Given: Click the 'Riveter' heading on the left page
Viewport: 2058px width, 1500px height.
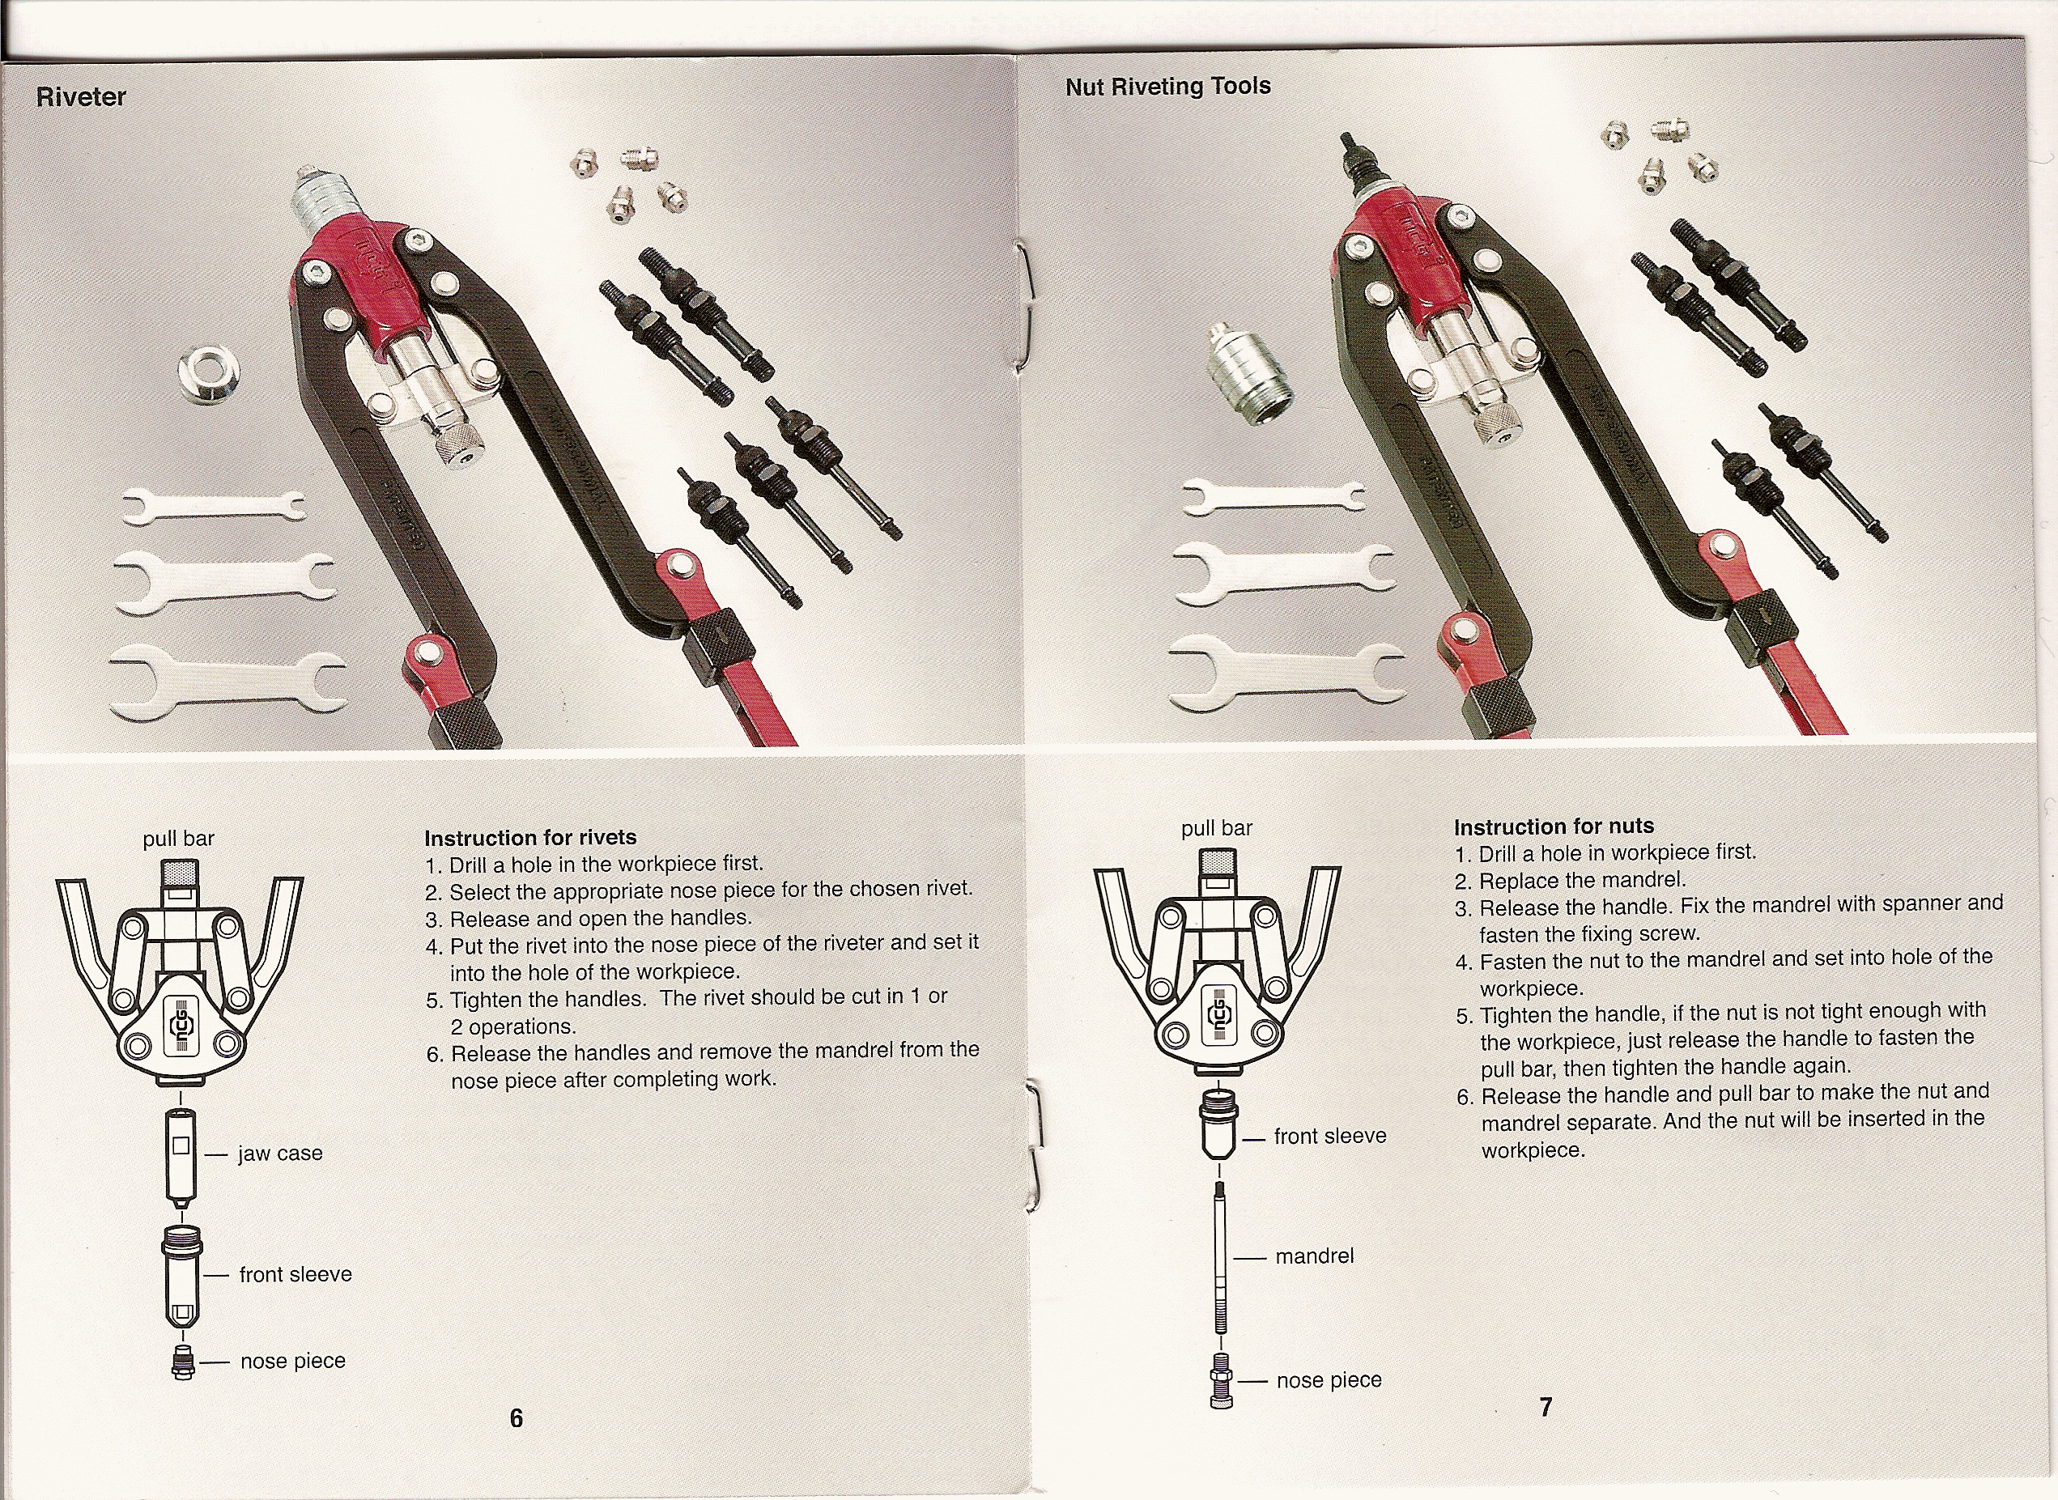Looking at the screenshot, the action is (x=81, y=97).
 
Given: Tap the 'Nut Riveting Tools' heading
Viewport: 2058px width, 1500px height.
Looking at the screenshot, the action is (x=1168, y=87).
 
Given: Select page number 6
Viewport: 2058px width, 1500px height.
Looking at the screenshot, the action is (x=516, y=1418).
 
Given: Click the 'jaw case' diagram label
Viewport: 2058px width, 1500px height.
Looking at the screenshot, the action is (x=280, y=1154).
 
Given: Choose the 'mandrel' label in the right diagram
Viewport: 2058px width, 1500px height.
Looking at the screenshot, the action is (x=1314, y=1256).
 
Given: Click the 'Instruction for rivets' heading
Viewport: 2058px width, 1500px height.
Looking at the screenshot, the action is (x=530, y=837).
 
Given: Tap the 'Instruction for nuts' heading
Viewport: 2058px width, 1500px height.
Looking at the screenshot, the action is (x=1554, y=826).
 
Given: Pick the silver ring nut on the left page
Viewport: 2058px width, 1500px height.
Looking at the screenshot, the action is (x=210, y=373).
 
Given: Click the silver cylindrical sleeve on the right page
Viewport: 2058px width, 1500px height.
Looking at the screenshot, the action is (x=1251, y=375).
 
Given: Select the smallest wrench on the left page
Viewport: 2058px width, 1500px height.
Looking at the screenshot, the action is (x=215, y=508).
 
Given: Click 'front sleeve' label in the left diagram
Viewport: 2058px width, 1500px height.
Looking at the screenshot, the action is (x=296, y=1275).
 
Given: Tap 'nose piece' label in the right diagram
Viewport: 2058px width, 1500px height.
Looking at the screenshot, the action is (x=1329, y=1380).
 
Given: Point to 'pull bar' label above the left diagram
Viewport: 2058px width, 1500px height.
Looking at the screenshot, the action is (x=178, y=838).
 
